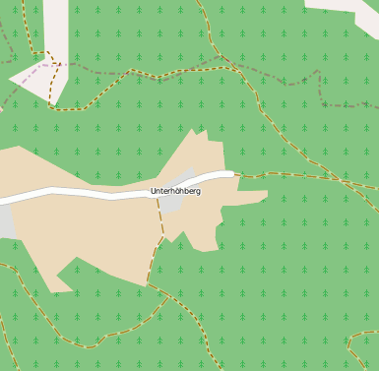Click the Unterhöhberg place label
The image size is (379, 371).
175,191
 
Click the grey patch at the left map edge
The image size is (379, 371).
6,221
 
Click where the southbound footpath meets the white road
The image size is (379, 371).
156,193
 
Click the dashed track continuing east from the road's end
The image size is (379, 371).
295,177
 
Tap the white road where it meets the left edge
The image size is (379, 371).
3,200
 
